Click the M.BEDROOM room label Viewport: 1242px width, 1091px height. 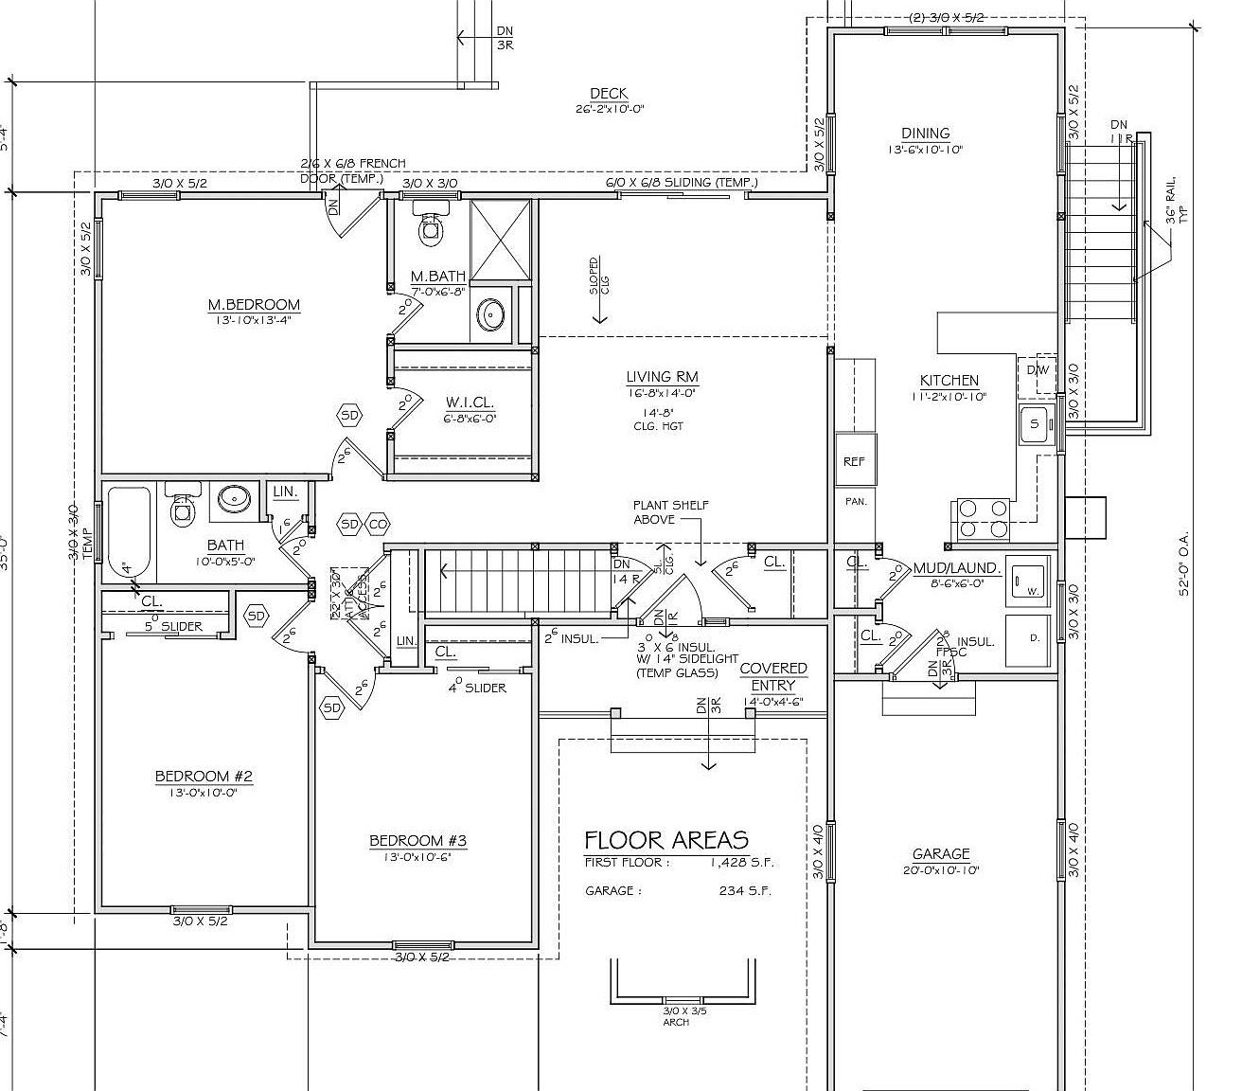tap(254, 304)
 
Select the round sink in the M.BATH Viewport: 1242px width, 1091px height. tap(490, 314)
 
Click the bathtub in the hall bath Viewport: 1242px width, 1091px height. tap(129, 535)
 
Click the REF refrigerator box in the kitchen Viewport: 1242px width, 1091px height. tap(854, 461)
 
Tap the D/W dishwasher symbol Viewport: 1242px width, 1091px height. tap(1038, 369)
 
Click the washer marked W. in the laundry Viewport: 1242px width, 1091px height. tap(1026, 579)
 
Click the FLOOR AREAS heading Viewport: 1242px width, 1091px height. tap(665, 839)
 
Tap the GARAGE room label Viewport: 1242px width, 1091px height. tap(941, 853)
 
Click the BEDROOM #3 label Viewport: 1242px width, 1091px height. tap(417, 840)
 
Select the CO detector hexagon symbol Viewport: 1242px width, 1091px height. tap(379, 524)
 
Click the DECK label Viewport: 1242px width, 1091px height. tap(609, 93)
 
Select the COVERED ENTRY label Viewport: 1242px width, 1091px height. tap(773, 676)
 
